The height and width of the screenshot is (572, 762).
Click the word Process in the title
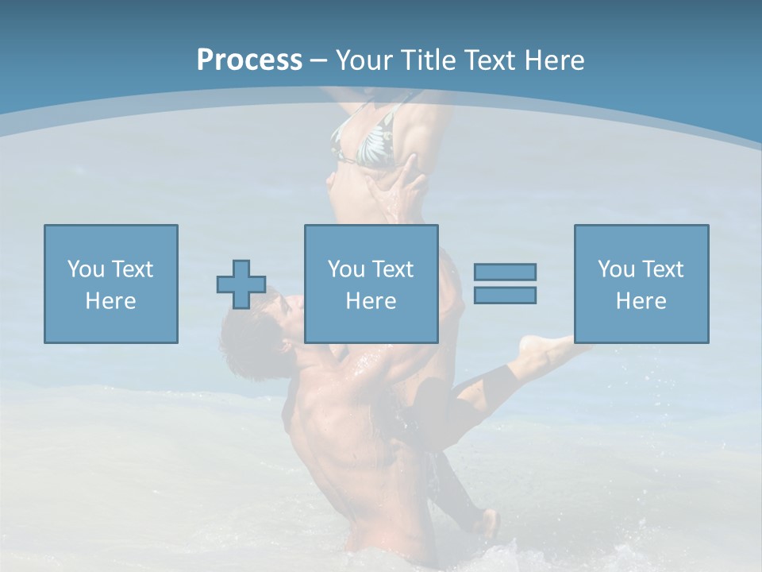tap(249, 60)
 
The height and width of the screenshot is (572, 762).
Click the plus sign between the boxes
tap(241, 284)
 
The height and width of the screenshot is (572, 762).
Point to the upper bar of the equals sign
tap(505, 272)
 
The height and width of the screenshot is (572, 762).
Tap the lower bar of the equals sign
tap(505, 295)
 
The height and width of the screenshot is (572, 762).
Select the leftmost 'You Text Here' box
tap(111, 284)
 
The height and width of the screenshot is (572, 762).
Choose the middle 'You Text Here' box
tap(371, 284)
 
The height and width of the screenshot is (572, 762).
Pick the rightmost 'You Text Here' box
tap(641, 284)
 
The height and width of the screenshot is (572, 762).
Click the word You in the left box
tap(86, 269)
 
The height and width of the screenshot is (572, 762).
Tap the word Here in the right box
tap(641, 301)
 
